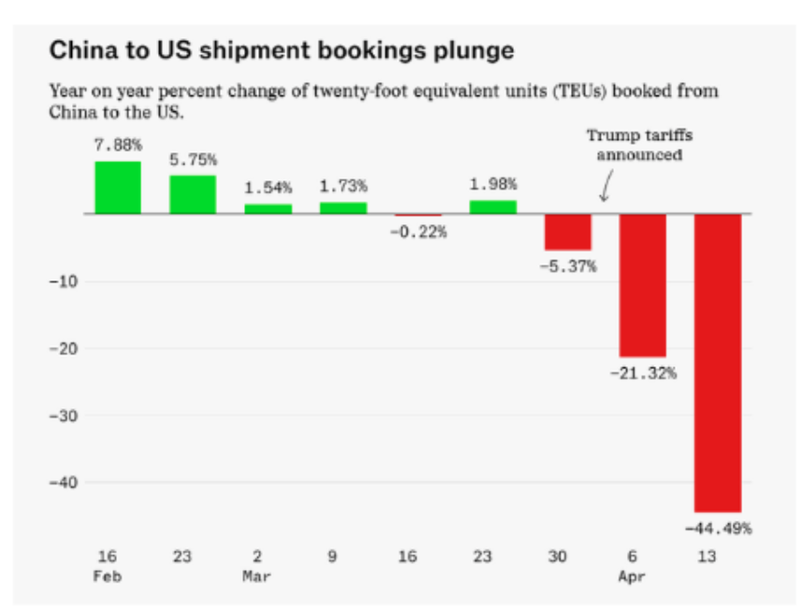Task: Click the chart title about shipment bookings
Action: point(282,50)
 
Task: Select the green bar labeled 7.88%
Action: point(118,188)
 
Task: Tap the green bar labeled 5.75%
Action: point(193,194)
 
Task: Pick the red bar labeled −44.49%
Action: point(718,363)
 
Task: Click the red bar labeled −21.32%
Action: point(643,285)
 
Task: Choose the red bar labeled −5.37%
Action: point(568,232)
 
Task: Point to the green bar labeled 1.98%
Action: point(493,207)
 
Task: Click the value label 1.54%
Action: point(269,188)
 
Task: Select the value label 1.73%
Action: point(343,185)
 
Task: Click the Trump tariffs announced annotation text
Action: point(640,145)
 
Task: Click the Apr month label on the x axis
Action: point(632,577)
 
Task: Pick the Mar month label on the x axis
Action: point(256,577)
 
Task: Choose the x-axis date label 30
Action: point(557,557)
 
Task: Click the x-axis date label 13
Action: point(706,557)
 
